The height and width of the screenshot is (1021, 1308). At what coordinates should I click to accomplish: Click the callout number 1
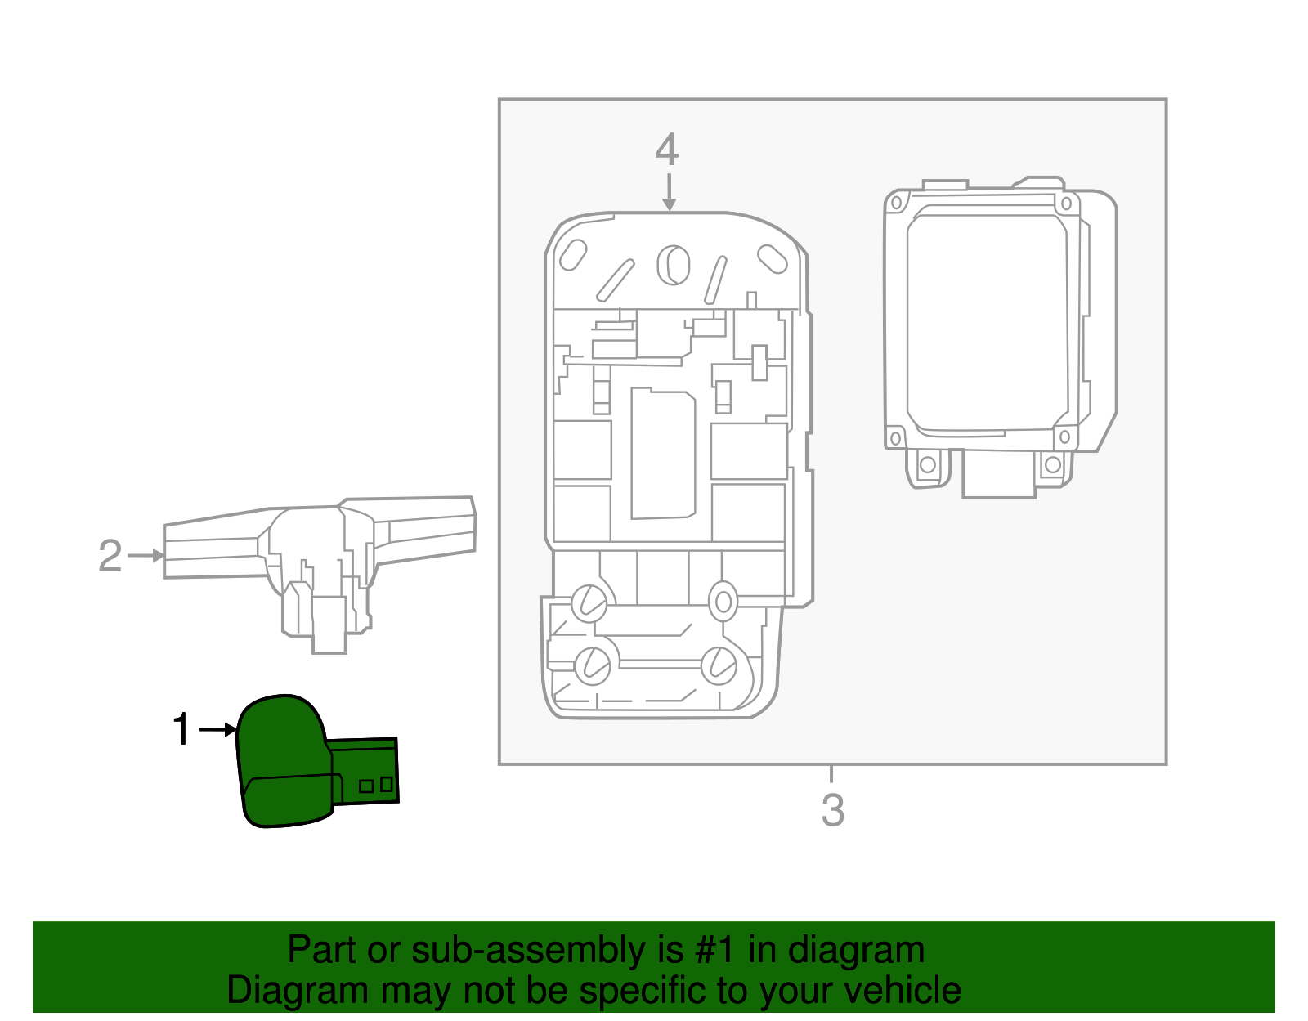[x=181, y=729]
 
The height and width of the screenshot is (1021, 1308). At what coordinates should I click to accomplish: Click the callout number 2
[x=110, y=556]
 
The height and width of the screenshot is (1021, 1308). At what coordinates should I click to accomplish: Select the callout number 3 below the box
[x=832, y=809]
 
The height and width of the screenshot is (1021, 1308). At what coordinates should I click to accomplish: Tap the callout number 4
[x=667, y=150]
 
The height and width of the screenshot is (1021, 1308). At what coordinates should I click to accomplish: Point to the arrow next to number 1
[x=217, y=729]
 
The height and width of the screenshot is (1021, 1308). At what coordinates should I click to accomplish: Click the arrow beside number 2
[x=147, y=556]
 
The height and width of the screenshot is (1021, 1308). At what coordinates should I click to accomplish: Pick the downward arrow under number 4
[x=670, y=193]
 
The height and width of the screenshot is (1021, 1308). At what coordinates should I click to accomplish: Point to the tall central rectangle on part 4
[x=663, y=454]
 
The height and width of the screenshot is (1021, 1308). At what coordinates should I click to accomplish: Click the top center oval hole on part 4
[x=674, y=265]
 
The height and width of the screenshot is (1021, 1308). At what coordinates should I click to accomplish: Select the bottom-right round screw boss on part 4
[x=719, y=666]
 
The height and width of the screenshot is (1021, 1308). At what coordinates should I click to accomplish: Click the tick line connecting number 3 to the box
[x=831, y=773]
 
